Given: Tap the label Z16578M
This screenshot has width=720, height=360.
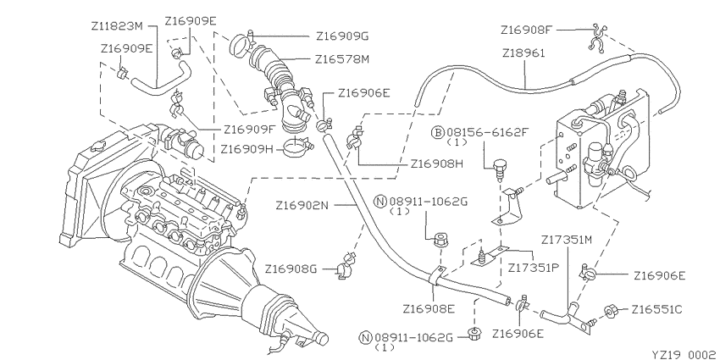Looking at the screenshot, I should click(342, 60).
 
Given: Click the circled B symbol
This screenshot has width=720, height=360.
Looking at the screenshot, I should click(438, 132).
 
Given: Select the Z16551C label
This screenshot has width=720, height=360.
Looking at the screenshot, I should click(658, 309).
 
